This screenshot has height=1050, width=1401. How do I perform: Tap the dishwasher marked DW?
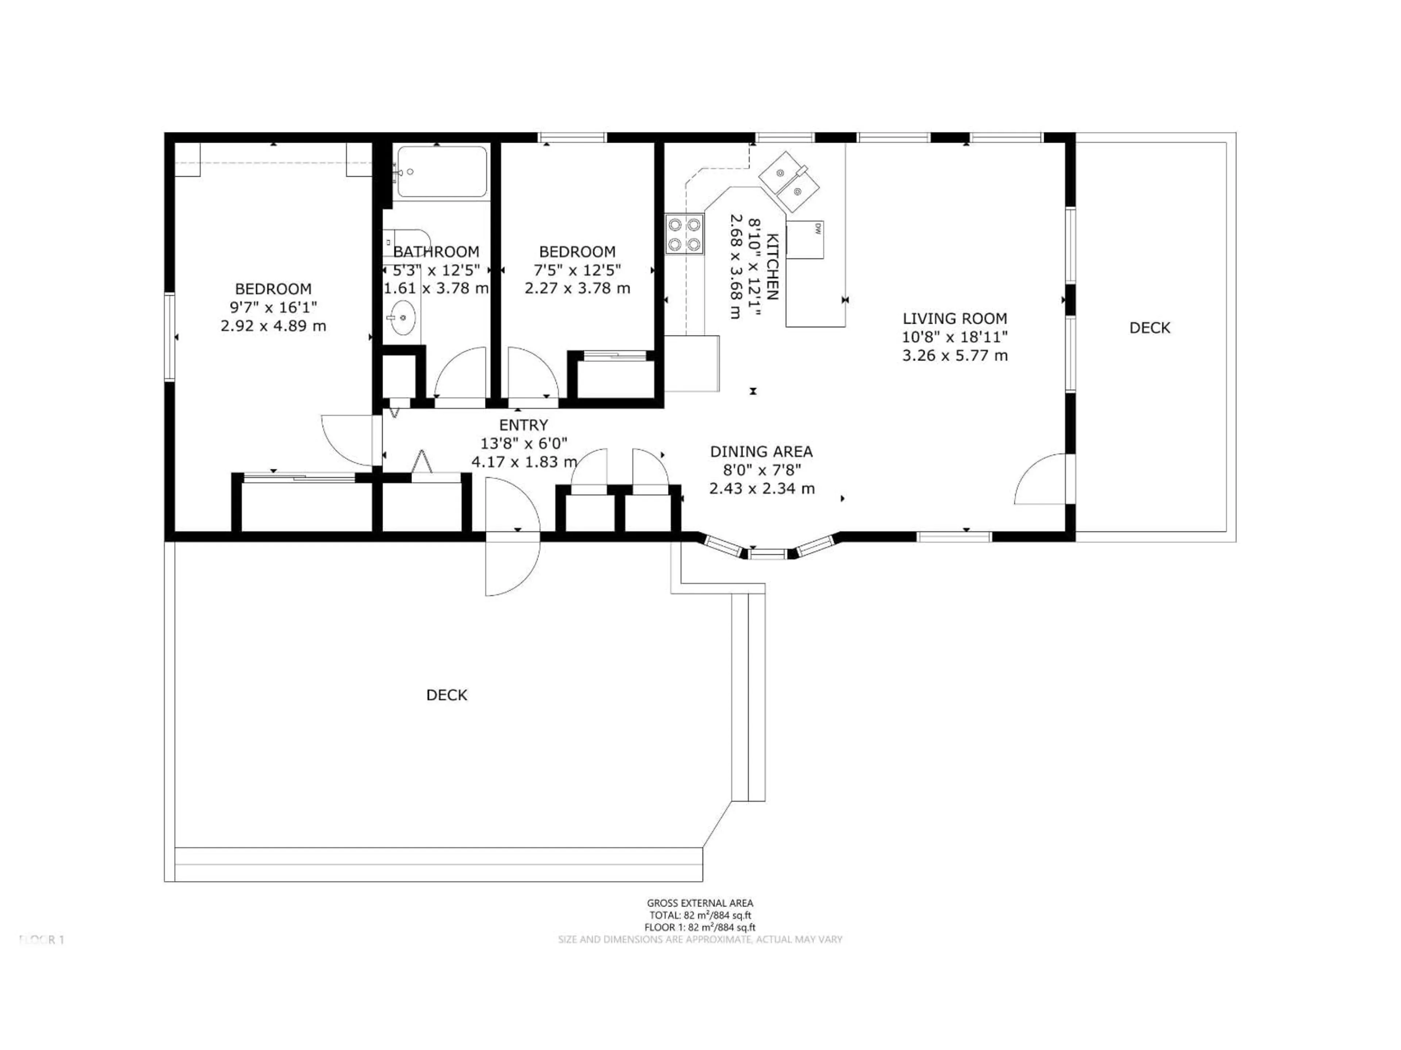point(805,240)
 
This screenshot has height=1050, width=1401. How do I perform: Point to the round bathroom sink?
point(402,317)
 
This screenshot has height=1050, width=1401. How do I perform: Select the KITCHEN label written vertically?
point(772,267)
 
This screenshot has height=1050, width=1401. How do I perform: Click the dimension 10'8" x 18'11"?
point(954,337)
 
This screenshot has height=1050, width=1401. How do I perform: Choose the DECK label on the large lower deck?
point(447,695)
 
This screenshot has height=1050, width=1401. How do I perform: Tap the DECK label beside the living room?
point(1150,328)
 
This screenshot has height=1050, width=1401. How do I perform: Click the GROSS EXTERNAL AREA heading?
point(700,903)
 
